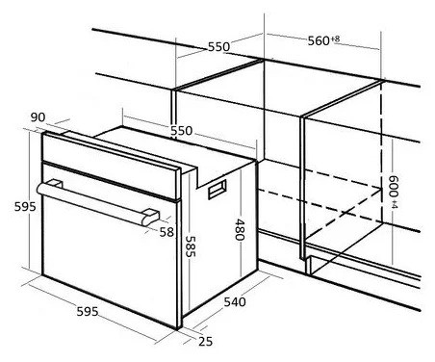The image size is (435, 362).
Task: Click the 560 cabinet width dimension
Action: click(319, 40)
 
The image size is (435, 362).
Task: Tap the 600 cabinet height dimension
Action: click(394, 186)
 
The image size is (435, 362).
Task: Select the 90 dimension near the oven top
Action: click(38, 117)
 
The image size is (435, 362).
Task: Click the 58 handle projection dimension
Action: click(166, 232)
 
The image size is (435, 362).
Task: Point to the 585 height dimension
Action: click(191, 246)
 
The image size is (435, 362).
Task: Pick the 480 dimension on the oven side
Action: click(240, 229)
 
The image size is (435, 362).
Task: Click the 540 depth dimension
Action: click(235, 302)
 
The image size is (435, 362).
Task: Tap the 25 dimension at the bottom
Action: click(205, 342)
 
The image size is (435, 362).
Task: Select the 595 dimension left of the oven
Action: click(25, 207)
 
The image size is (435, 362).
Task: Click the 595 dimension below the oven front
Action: click(88, 311)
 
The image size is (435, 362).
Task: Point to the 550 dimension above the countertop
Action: click(219, 47)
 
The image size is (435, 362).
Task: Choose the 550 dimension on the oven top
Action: click(181, 131)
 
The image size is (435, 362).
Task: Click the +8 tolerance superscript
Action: click(335, 39)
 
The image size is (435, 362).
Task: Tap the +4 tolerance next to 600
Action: click(395, 204)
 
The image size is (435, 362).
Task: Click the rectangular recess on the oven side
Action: click(217, 190)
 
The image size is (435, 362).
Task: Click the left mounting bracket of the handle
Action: click(55, 184)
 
